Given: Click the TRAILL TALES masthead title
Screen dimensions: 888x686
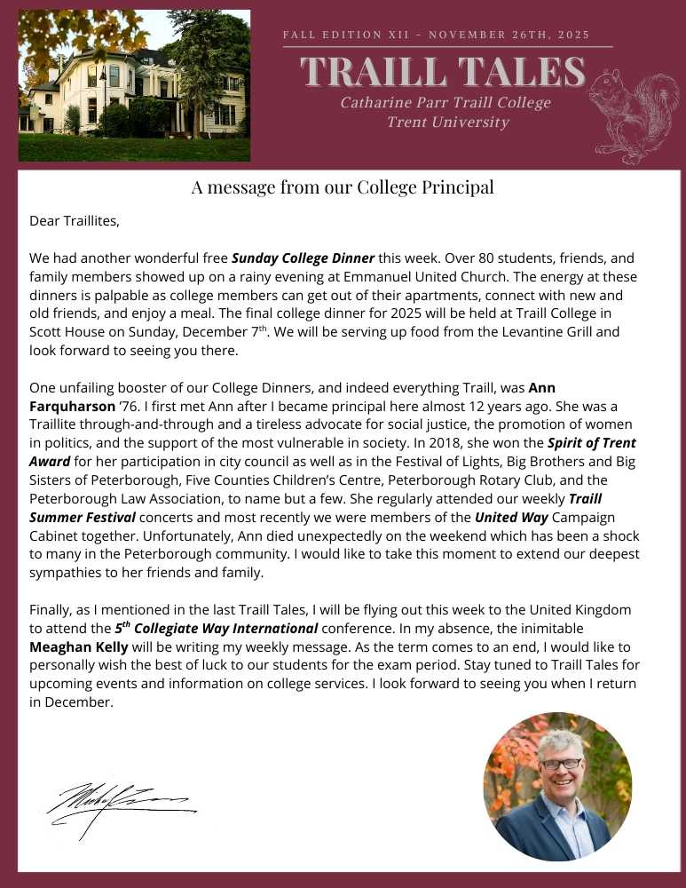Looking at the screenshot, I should pos(443,72).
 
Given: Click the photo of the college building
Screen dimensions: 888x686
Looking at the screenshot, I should pos(134,85).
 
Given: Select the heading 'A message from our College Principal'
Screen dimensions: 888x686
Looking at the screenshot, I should pos(343,187).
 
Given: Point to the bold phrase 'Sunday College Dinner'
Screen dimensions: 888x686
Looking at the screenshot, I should pos(303,258).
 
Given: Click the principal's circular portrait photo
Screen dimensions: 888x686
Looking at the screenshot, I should pos(557,788).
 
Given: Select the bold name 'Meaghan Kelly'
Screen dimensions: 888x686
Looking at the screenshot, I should pos(72,646).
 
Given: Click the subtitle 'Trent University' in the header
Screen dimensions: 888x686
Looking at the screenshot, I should pos(447,123).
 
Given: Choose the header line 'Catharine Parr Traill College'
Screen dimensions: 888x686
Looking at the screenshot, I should pos(446,103).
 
